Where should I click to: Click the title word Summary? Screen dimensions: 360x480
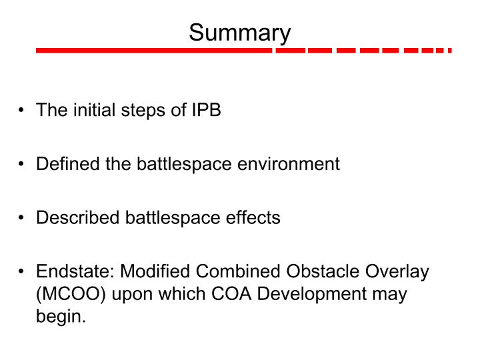[x=239, y=33]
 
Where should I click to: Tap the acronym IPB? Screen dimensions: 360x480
[x=205, y=109]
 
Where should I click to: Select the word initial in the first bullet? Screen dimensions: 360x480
[x=89, y=109]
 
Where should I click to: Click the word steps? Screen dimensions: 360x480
[x=143, y=109]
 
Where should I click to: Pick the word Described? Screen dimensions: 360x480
[x=76, y=217]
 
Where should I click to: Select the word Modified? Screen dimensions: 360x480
[x=155, y=272]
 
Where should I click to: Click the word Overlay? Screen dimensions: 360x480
[x=399, y=272]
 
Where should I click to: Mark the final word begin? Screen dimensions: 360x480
[x=61, y=316]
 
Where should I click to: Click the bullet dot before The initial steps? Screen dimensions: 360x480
[x=23, y=110]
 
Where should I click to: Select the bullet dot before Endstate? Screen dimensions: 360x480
[x=23, y=273]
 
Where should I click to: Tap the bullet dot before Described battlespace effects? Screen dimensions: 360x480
[x=23, y=218]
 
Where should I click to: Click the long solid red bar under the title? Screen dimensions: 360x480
[x=153, y=51]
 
